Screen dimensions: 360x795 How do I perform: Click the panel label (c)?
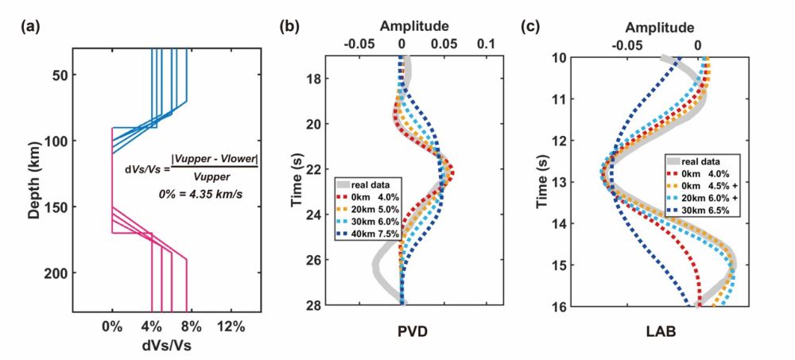pyautogui.click(x=530, y=26)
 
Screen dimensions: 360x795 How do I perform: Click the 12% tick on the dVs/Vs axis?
pyautogui.click(x=231, y=326)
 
